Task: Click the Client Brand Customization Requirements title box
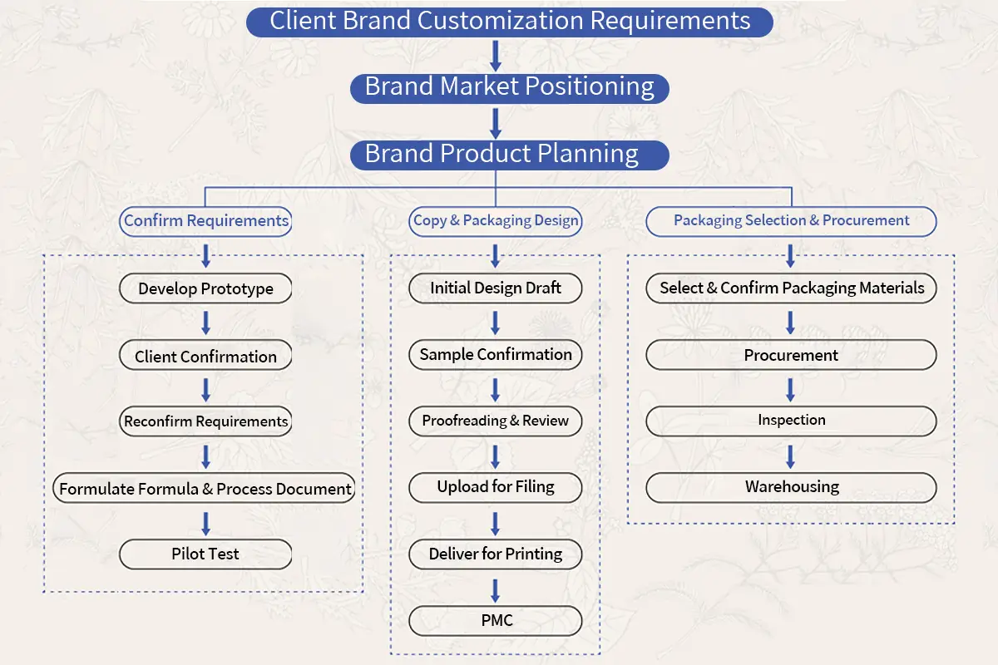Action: tap(510, 21)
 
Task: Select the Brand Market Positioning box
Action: tap(509, 87)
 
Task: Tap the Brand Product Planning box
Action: tap(509, 155)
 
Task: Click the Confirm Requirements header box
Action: tap(206, 221)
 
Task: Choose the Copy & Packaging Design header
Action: tap(496, 221)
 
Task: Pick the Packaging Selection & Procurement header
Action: tap(791, 221)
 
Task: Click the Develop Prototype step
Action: tap(205, 288)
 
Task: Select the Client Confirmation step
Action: tap(205, 356)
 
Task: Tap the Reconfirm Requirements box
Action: tap(205, 421)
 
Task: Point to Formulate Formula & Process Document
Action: tap(205, 488)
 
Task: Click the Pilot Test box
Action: tap(205, 554)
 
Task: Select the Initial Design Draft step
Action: tap(496, 288)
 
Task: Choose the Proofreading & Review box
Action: tap(496, 421)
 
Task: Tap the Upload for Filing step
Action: tap(496, 487)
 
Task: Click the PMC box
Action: tap(496, 621)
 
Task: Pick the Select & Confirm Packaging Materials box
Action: tap(791, 288)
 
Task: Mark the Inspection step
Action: tap(791, 421)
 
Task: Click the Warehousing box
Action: tap(791, 487)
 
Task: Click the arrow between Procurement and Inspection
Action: tap(791, 389)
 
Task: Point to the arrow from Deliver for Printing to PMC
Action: tap(496, 589)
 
